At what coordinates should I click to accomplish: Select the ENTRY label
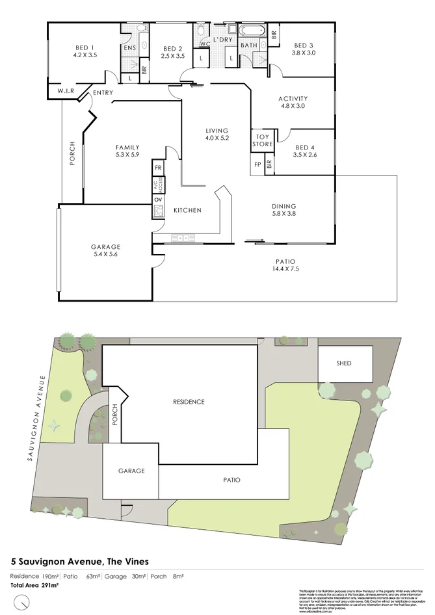103,93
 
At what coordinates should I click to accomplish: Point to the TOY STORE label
262,140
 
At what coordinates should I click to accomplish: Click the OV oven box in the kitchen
158,200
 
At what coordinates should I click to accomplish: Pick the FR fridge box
158,168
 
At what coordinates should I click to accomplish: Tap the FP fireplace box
257,164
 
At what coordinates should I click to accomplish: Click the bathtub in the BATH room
251,30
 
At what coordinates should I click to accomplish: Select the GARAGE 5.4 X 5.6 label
105,250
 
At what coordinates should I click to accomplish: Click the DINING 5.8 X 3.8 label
283,210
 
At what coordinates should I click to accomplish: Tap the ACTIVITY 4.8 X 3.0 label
293,102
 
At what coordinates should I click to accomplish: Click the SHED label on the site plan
343,363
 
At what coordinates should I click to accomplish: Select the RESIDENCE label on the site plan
188,402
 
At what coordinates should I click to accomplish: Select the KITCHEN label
187,211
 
